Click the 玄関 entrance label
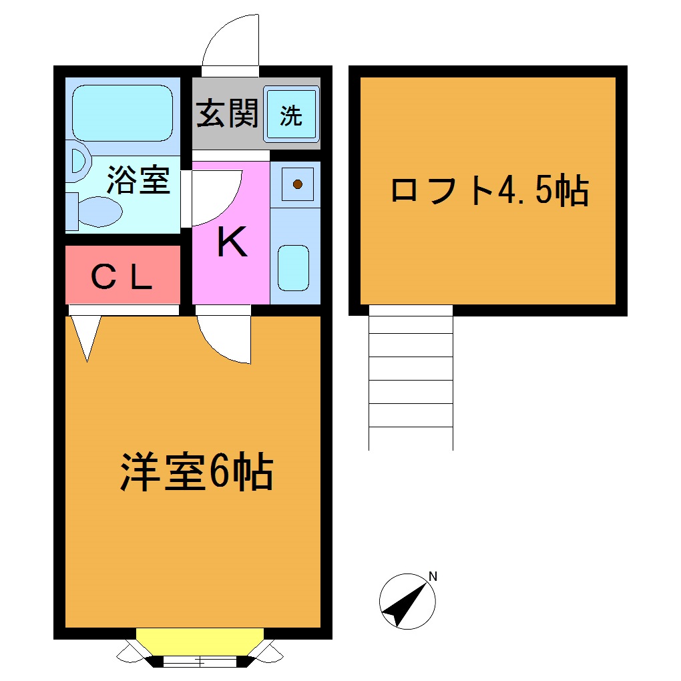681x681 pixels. point(226,114)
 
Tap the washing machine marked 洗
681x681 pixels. point(291,115)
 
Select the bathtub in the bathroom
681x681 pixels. point(122,113)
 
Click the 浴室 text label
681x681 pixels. point(139,180)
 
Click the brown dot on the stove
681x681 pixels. point(298,184)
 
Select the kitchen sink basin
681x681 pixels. point(293,268)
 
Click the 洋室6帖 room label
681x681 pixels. point(197,472)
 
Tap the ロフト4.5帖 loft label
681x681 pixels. point(489,191)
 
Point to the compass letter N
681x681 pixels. point(433,576)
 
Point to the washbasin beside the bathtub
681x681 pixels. point(77,163)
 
